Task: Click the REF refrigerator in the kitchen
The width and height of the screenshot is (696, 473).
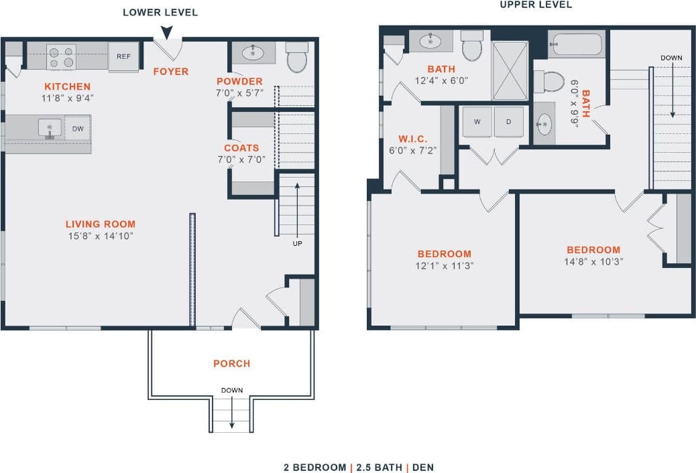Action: (x=123, y=57)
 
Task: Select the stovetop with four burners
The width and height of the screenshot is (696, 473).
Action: (x=61, y=57)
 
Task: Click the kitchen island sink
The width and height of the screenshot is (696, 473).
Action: (x=49, y=127)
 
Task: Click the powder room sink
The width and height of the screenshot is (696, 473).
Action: (x=253, y=53)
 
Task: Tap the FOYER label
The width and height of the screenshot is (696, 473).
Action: (x=171, y=72)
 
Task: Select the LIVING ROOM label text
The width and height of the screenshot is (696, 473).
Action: (x=101, y=224)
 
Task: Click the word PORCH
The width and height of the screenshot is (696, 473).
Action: (x=231, y=364)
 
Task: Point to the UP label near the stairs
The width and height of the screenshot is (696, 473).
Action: (x=296, y=243)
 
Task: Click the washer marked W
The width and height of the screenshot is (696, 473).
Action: (x=477, y=122)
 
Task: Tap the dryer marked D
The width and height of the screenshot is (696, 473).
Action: (x=508, y=122)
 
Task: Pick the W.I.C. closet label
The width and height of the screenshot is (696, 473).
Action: (x=413, y=139)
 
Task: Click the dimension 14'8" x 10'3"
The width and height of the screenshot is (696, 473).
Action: (x=594, y=262)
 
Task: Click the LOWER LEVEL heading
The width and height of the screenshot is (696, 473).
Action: (x=160, y=13)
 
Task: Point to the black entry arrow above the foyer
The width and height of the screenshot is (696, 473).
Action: (x=166, y=32)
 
